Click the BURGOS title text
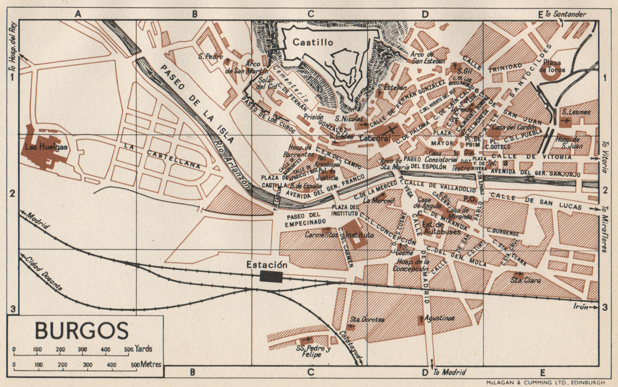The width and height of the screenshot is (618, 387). [x=81, y=331]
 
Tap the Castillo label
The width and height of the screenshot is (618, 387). [x=312, y=42]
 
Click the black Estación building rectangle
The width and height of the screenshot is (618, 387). [x=272, y=276]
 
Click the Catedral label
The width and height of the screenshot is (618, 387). [x=375, y=138]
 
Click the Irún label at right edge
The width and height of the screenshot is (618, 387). [x=581, y=307]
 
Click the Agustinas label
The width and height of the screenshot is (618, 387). [x=439, y=318]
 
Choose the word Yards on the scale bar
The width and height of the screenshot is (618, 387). [x=143, y=349]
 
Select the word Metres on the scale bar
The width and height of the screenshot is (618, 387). [x=151, y=364]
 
